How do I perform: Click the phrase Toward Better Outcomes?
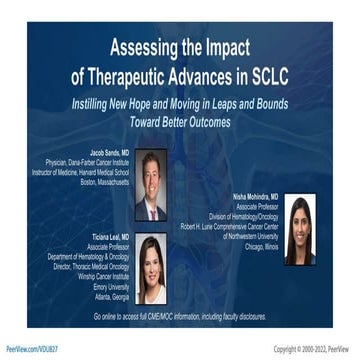click(x=181, y=123)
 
